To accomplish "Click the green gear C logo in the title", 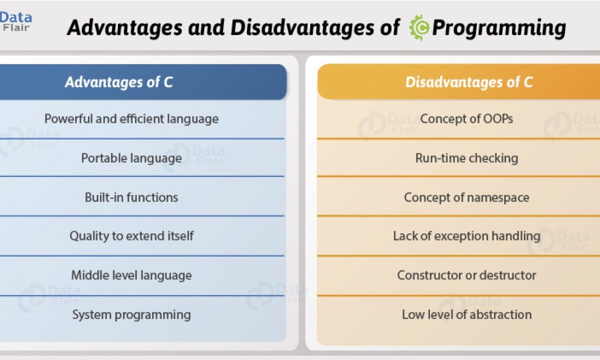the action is tap(419, 27).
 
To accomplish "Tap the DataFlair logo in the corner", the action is tap(15, 21).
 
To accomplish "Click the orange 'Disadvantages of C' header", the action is tap(458, 81).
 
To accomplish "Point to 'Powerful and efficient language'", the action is tap(131, 118).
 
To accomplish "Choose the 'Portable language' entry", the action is tap(131, 158).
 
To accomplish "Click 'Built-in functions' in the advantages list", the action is tap(131, 197).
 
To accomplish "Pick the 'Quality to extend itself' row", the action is tap(131, 236).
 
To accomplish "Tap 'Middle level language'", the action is tap(131, 275).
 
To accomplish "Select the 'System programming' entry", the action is tap(131, 314).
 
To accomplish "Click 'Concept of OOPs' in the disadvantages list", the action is tap(466, 118).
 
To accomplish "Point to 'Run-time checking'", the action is tap(466, 158).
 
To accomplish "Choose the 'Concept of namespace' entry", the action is tap(466, 197).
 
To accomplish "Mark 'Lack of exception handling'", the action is tap(466, 236).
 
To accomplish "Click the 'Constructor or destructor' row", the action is tap(466, 275).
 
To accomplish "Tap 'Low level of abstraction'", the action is tap(466, 314).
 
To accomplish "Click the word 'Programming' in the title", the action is tap(499, 28).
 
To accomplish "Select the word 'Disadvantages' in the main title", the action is tap(302, 27).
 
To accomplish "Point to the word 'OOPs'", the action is tap(498, 118).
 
